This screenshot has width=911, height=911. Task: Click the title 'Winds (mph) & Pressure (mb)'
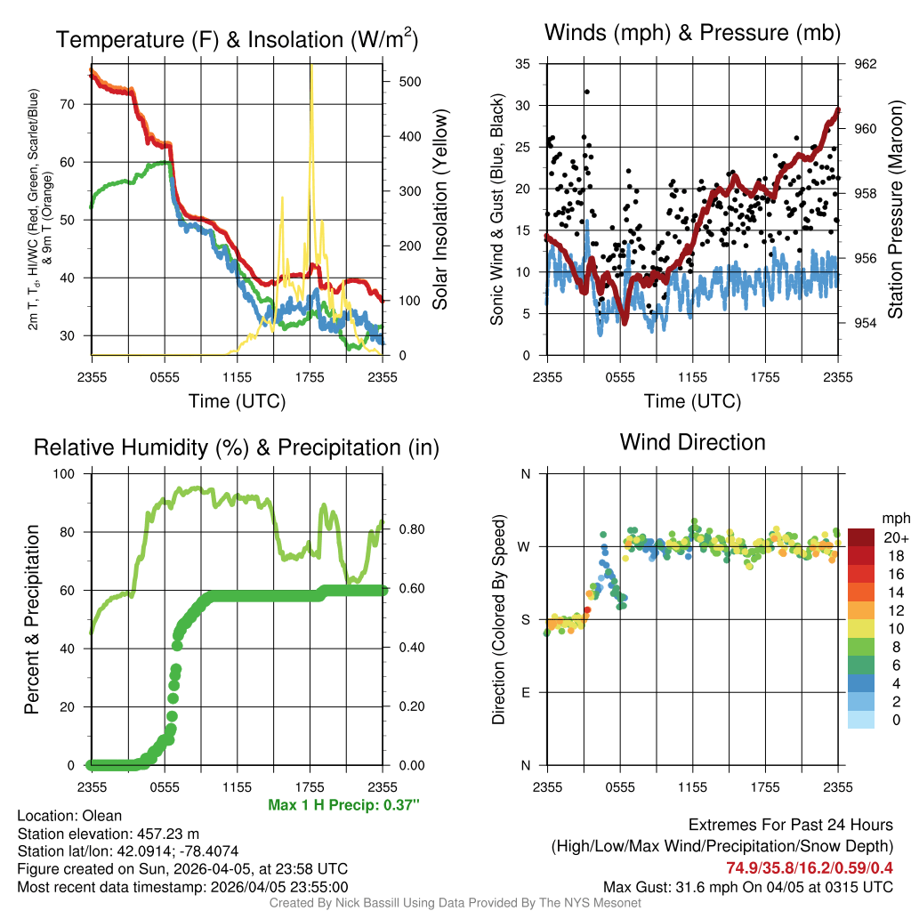[x=692, y=33]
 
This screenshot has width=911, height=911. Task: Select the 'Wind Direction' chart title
[x=692, y=442]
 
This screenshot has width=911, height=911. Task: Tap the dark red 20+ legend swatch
[x=860, y=537]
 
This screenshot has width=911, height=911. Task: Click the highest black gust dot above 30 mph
[x=587, y=92]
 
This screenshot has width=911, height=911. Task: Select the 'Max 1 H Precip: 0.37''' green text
[x=343, y=805]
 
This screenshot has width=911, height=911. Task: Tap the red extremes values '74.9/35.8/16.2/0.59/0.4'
[x=810, y=868]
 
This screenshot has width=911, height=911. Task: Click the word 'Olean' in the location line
[x=102, y=815]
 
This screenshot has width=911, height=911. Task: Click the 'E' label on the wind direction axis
[x=526, y=692]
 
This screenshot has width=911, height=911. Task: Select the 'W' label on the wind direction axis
[x=525, y=546]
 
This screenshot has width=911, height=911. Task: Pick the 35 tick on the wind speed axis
[x=525, y=64]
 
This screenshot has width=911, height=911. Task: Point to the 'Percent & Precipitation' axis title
[x=31, y=619]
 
